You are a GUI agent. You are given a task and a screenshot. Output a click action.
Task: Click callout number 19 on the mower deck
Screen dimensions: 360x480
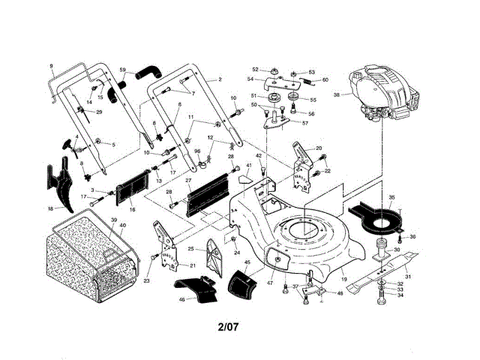(344, 279)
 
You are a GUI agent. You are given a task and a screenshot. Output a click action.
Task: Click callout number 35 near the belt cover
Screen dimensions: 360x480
(391, 198)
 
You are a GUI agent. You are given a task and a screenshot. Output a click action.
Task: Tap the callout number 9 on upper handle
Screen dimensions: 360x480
(52, 67)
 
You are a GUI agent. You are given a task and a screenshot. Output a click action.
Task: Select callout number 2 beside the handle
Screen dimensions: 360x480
(220, 79)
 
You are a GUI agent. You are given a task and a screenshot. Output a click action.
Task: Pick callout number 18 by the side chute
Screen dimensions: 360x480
(50, 208)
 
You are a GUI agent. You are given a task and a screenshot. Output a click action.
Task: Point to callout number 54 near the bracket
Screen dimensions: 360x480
(250, 77)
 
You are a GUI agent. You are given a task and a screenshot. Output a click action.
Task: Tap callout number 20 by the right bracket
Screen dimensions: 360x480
(319, 148)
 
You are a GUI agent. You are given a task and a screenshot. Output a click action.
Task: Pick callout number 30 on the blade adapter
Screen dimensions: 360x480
(397, 250)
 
